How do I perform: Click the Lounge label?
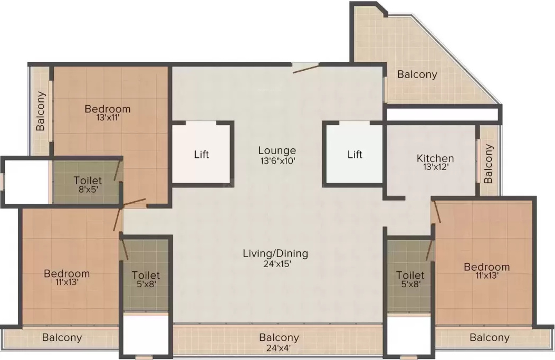(x=277, y=151)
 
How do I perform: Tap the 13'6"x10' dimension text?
(x=278, y=160)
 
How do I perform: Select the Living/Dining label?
(x=275, y=254)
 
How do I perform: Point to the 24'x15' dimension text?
(x=277, y=264)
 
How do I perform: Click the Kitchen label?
(x=435, y=158)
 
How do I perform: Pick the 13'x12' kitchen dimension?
(x=436, y=167)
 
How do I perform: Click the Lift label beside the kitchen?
(x=355, y=154)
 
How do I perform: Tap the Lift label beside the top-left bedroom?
(x=202, y=154)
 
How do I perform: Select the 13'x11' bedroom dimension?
(x=108, y=117)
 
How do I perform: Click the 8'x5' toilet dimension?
(x=88, y=188)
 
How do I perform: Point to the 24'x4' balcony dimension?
(x=279, y=348)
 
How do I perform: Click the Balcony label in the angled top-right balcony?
(x=417, y=74)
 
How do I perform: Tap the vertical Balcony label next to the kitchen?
(x=488, y=164)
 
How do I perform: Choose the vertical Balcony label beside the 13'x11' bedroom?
(x=41, y=111)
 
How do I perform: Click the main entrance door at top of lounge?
(x=305, y=68)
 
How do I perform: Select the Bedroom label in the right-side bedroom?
(x=487, y=267)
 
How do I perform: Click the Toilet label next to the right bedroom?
(x=410, y=275)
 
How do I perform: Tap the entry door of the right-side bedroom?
(x=437, y=212)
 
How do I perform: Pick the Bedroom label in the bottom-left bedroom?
(x=66, y=273)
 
